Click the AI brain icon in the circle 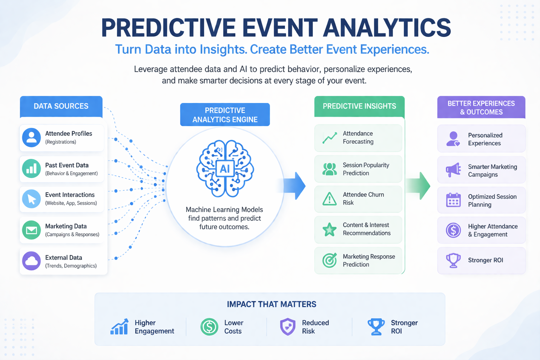click(225, 168)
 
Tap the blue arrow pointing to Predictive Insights click(294, 186)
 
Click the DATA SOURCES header click(61, 106)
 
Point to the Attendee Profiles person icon click(32, 137)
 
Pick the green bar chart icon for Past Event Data click(32, 168)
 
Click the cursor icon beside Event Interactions click(32, 198)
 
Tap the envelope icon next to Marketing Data click(32, 230)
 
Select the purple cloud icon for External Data click(32, 261)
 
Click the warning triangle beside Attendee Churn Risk click(329, 199)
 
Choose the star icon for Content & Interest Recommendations click(329, 230)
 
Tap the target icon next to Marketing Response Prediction click(329, 261)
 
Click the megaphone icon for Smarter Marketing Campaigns click(454, 170)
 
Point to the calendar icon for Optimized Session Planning click(454, 200)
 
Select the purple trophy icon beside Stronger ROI click(454, 261)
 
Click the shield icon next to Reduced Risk click(288, 327)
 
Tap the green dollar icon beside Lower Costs click(210, 327)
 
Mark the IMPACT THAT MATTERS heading click(271, 304)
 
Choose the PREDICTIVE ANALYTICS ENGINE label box click(225, 115)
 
